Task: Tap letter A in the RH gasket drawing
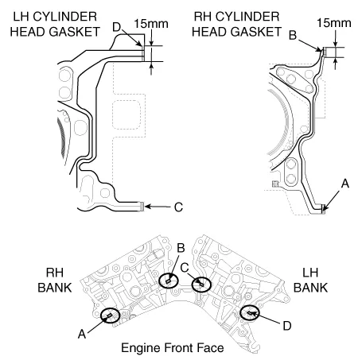(344, 183)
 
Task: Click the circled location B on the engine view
(169, 281)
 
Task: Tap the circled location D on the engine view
(251, 314)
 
